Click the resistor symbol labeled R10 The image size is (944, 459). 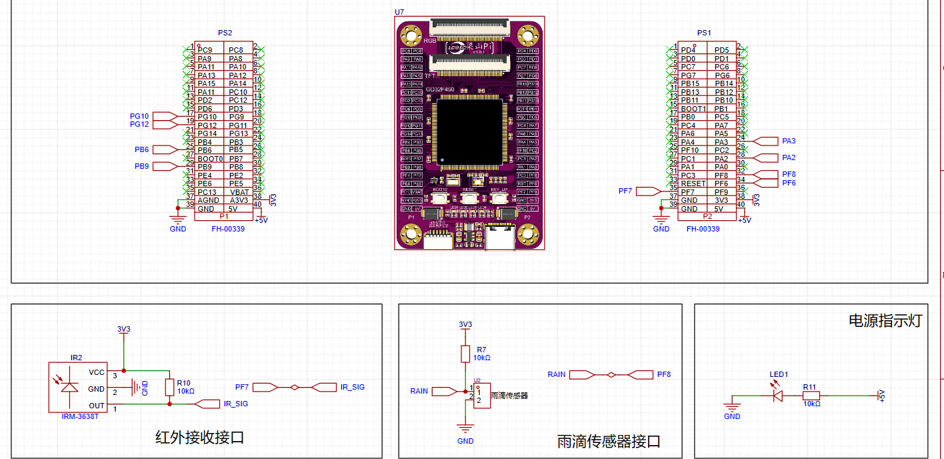pyautogui.click(x=169, y=387)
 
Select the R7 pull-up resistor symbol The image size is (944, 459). pyautogui.click(x=465, y=354)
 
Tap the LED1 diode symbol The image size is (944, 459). pyautogui.click(x=777, y=395)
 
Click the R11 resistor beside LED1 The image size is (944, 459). pyautogui.click(x=811, y=395)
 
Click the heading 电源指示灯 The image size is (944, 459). pyautogui.click(x=884, y=320)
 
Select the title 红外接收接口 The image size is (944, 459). pyautogui.click(x=199, y=438)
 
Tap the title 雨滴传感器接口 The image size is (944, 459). pyautogui.click(x=609, y=442)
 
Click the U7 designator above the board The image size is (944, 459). pyautogui.click(x=399, y=13)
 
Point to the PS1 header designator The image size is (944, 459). pyautogui.click(x=704, y=33)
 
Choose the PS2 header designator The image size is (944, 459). pyautogui.click(x=225, y=33)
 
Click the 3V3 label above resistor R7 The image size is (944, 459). pyautogui.click(x=465, y=324)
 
